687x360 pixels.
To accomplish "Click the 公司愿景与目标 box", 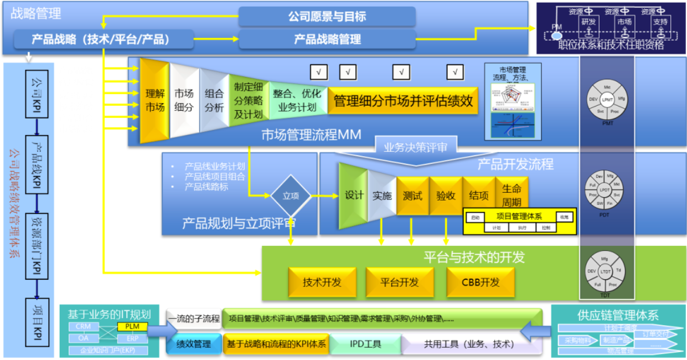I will pyautogui.click(x=327, y=17).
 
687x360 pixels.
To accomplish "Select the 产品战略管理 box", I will pyautogui.click(x=327, y=39).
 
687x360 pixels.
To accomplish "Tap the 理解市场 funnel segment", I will pyautogui.click(x=154, y=100).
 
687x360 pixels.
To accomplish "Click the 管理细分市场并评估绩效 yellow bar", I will pyautogui.click(x=402, y=100).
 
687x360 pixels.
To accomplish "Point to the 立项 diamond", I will pyautogui.click(x=290, y=196).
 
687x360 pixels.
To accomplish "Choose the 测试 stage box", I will pyautogui.click(x=412, y=196).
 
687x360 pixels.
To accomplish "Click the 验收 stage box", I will pyautogui.click(x=446, y=196).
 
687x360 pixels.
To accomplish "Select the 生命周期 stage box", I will pyautogui.click(x=512, y=194).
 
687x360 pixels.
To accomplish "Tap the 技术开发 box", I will pyautogui.click(x=322, y=282).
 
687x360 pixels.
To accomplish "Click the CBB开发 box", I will pyautogui.click(x=480, y=282).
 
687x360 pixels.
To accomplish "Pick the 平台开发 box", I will pyautogui.click(x=399, y=282).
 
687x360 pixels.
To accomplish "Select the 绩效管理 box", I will pyautogui.click(x=194, y=344).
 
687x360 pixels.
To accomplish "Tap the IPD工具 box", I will pyautogui.click(x=365, y=344).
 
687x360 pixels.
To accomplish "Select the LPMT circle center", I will pyautogui.click(x=607, y=100).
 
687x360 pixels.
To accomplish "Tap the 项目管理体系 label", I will pyautogui.click(x=519, y=217).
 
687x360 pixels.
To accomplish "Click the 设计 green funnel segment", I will pyautogui.click(x=354, y=196).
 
